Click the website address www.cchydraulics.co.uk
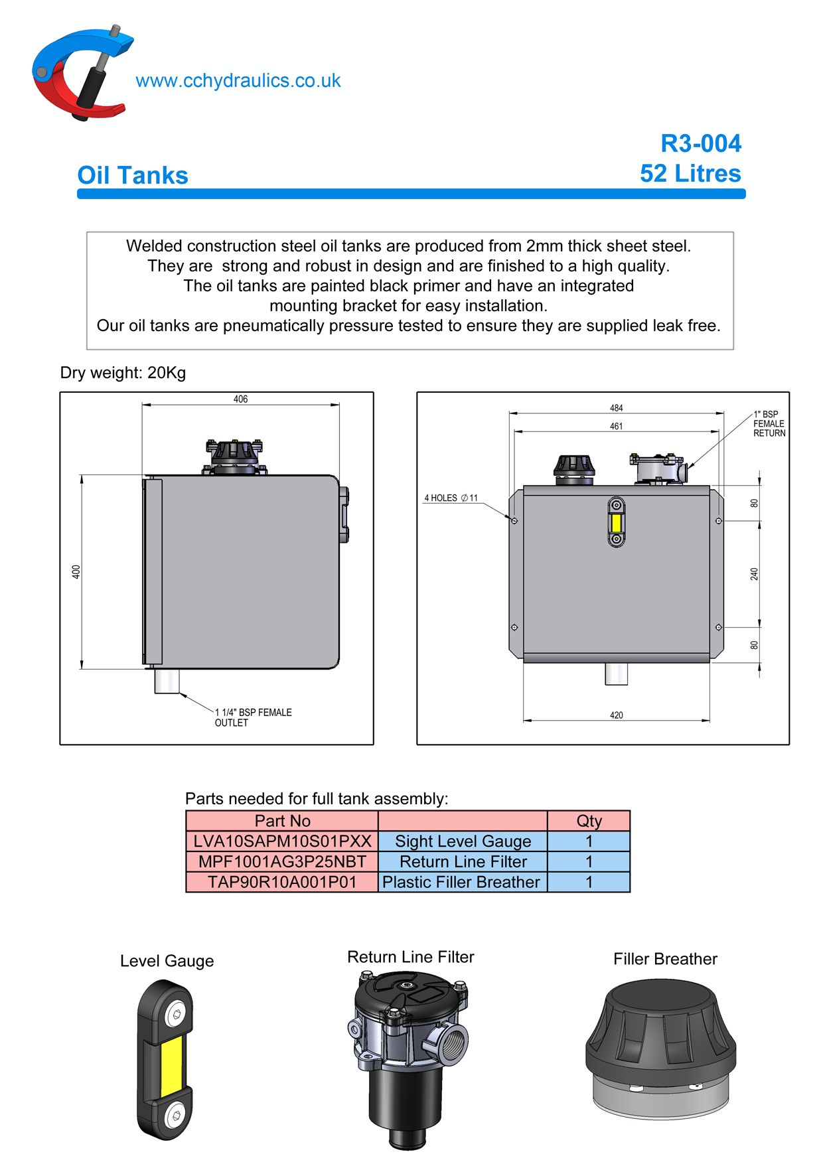[238, 81]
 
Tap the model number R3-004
[700, 143]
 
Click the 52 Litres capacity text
[690, 174]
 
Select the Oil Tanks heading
[133, 176]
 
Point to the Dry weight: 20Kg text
[123, 373]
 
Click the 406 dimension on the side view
[240, 399]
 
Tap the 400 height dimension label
[76, 571]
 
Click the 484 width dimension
[616, 408]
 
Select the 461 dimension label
[616, 426]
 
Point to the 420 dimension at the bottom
[616, 715]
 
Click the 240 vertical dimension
[754, 574]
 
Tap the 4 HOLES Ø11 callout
[451, 498]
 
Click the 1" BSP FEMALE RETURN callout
[769, 423]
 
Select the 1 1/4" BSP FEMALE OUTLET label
[253, 717]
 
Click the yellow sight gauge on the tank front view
[616, 522]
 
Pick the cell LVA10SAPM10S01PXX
[282, 841]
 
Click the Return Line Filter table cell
[463, 862]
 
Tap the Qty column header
[589, 821]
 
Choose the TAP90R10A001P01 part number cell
[282, 883]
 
